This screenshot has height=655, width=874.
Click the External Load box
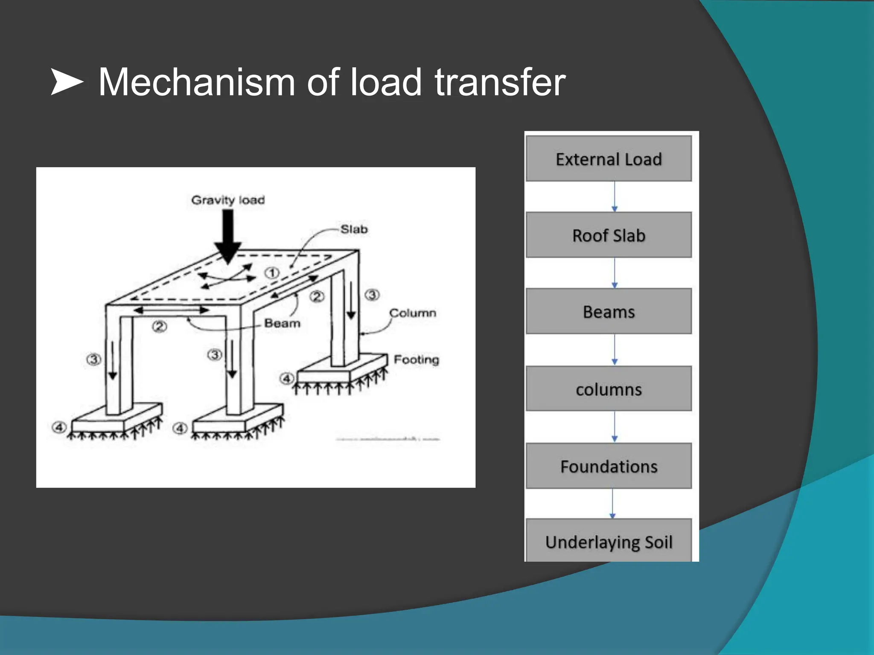[609, 159]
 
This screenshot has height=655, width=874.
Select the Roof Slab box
[609, 235]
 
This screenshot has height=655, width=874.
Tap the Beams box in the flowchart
[609, 311]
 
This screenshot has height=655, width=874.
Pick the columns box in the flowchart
[609, 389]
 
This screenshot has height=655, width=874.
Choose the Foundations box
[609, 466]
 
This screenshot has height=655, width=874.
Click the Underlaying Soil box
[609, 542]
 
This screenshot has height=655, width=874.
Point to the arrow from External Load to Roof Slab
[615, 196]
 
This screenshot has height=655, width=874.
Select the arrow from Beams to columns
[615, 349]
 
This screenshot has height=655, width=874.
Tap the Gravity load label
[228, 200]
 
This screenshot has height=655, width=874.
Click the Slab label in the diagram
[354, 229]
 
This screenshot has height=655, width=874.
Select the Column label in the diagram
[413, 313]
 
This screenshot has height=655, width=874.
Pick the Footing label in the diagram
[416, 359]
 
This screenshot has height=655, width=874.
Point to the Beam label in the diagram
[282, 323]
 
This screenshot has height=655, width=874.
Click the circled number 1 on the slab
[272, 273]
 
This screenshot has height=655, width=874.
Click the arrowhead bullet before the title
[67, 81]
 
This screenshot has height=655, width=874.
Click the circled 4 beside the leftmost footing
[59, 427]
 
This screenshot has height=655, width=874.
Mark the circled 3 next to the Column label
[372, 295]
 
